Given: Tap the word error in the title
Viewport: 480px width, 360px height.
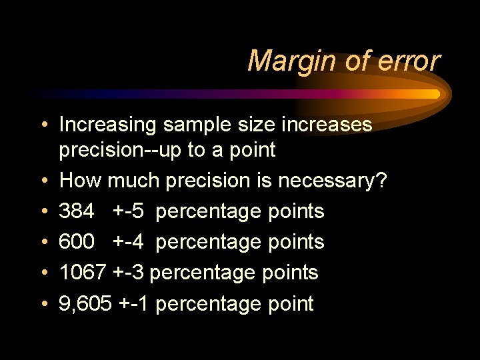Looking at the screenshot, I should pos(407,61).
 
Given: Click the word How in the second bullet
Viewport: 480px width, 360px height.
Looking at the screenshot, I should pos(80,181).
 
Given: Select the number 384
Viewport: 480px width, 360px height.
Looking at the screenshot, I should pos(76,211).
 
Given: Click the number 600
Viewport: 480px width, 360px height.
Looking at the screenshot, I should pos(76,242).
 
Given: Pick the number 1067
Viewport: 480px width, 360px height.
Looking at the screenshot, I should pos(83,273).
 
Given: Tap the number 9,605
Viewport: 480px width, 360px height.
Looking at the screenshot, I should pos(85,304).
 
